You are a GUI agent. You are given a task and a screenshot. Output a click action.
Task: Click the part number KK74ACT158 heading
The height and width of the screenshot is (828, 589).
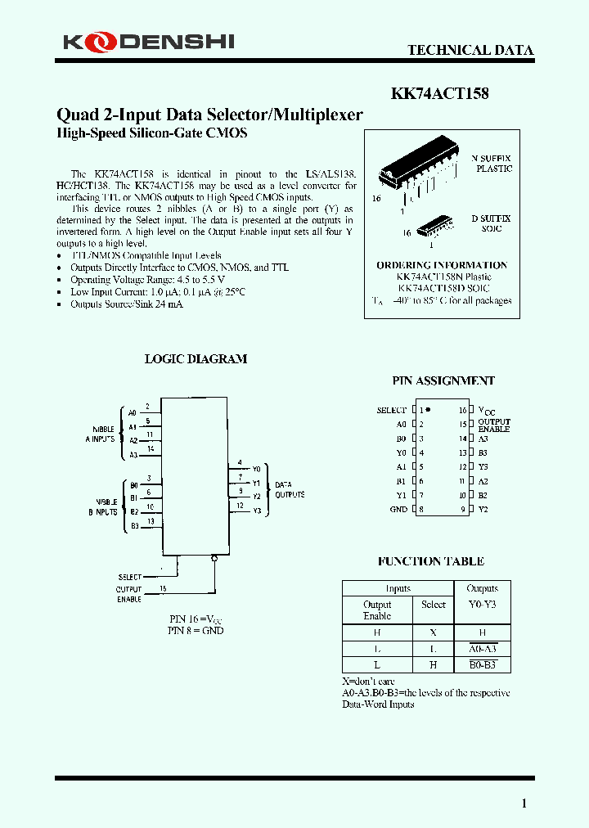(x=439, y=93)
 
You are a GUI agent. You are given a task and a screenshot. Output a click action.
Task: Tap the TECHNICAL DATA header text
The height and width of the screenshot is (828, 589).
(x=470, y=50)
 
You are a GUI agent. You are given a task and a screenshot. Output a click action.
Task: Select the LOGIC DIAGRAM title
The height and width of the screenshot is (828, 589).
(x=196, y=358)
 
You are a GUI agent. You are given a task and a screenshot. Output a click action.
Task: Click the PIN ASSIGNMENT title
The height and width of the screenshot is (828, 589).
(x=443, y=380)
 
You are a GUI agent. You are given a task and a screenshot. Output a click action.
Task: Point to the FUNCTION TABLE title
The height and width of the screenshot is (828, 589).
(x=430, y=561)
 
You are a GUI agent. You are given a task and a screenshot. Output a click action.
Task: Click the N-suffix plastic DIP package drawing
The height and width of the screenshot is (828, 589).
(x=420, y=173)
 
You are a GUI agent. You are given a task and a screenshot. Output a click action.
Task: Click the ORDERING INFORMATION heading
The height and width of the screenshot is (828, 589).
(x=442, y=265)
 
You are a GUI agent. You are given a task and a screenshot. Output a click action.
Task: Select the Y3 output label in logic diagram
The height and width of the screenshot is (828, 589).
(x=256, y=511)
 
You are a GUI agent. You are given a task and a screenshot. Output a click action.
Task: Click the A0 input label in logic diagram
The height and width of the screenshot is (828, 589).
(x=133, y=412)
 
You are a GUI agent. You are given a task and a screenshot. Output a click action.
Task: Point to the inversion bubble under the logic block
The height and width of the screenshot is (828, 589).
(x=214, y=559)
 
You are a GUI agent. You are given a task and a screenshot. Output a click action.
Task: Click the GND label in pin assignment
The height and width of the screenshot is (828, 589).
(x=398, y=510)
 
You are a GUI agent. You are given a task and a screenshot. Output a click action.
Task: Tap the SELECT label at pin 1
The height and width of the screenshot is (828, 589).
(x=391, y=410)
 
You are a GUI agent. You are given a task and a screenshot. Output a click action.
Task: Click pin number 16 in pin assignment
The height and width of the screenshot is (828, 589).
(x=463, y=410)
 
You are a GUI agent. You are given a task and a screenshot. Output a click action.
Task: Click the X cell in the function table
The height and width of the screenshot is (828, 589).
(x=433, y=632)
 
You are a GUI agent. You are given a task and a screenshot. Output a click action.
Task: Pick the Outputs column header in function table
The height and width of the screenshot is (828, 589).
(x=482, y=588)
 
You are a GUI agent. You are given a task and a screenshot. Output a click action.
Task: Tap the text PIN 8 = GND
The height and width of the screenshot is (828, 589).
(x=196, y=631)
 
